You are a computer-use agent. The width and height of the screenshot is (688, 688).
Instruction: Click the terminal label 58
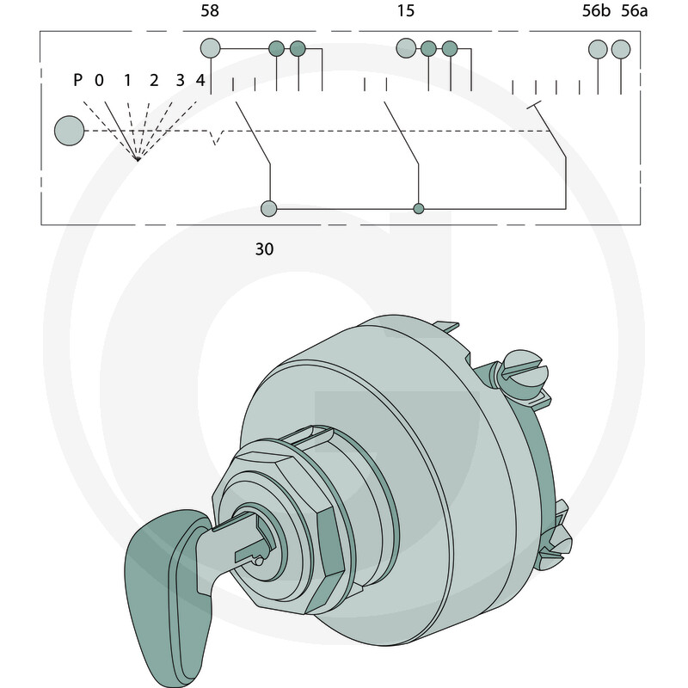click(210, 10)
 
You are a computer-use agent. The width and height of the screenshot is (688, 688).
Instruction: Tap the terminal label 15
click(405, 10)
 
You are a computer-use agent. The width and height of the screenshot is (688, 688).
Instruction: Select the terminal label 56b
click(596, 10)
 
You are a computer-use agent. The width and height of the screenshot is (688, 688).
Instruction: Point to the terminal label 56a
click(634, 10)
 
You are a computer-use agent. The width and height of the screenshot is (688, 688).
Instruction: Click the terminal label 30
click(264, 249)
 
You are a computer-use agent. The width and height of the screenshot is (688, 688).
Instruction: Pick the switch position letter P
click(77, 80)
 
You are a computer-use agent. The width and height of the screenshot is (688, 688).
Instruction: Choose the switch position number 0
click(99, 80)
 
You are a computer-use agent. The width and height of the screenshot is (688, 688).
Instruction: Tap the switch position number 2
click(154, 80)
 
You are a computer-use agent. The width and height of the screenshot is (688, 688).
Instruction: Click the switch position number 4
click(200, 80)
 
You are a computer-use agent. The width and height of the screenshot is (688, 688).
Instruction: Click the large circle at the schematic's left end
click(70, 131)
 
